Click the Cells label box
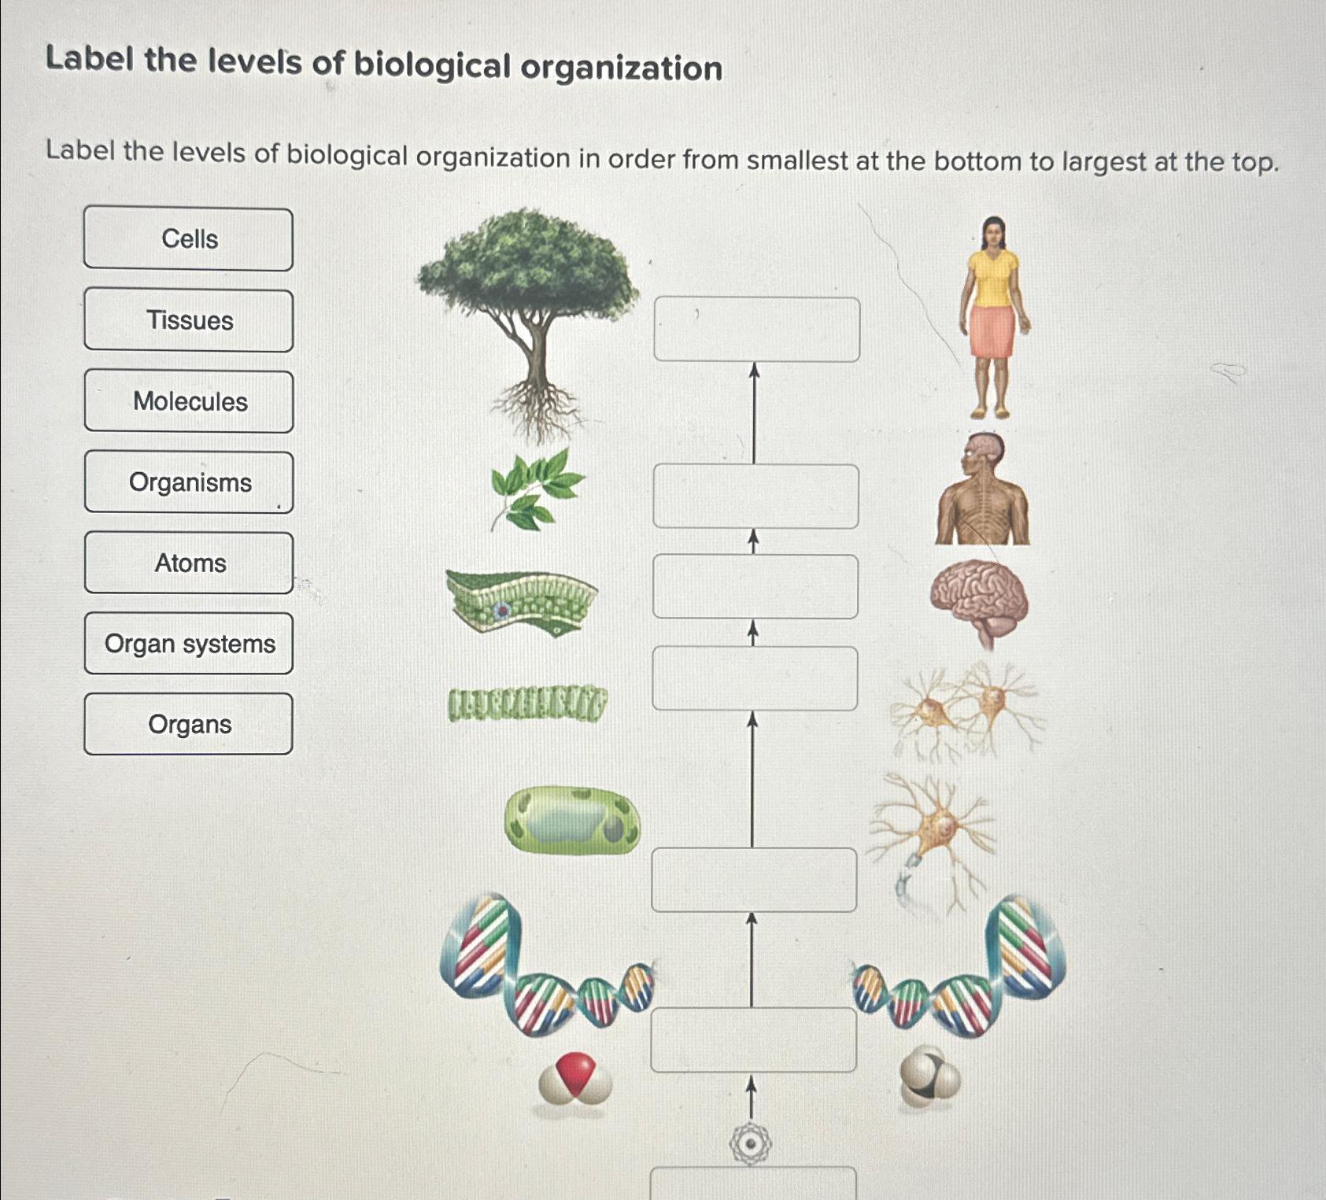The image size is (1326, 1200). (x=189, y=239)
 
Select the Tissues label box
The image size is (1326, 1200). (x=189, y=320)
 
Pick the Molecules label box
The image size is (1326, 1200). (x=189, y=401)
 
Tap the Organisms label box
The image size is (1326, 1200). (x=189, y=482)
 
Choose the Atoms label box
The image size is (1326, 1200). (x=189, y=563)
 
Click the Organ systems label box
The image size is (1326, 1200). (x=189, y=644)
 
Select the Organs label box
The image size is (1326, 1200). (x=189, y=724)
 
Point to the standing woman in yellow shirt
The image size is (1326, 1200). (x=994, y=315)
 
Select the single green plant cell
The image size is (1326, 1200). (x=572, y=821)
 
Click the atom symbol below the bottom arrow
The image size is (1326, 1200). (x=750, y=1143)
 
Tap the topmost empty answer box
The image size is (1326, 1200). (x=756, y=329)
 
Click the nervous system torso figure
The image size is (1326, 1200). (x=983, y=492)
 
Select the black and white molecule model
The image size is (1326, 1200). (x=929, y=1077)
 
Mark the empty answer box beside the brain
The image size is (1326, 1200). (x=755, y=586)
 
